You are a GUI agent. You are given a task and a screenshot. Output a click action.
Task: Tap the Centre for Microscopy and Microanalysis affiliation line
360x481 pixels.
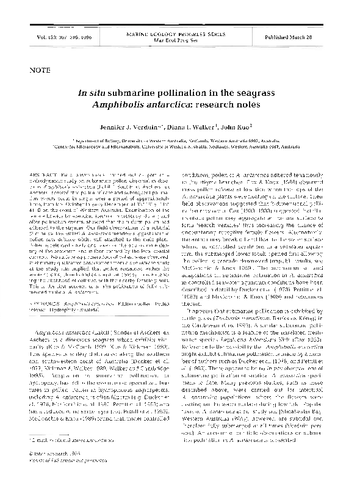coord(182,147)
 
